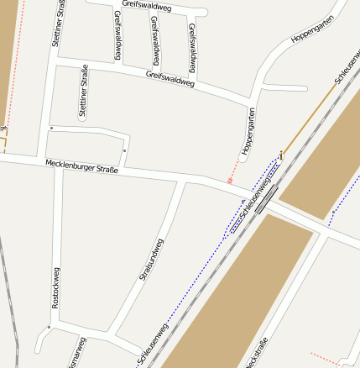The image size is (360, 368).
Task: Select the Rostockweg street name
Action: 55,288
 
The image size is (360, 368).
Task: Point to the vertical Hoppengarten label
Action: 247,130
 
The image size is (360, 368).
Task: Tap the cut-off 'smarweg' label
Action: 76,355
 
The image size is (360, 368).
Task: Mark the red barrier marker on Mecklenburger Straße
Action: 230,181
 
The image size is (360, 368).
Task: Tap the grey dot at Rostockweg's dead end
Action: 50,328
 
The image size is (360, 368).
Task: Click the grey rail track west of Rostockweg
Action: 9,294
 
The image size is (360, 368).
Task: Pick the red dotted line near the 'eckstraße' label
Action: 323,356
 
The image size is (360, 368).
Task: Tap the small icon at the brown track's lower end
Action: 282,155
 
